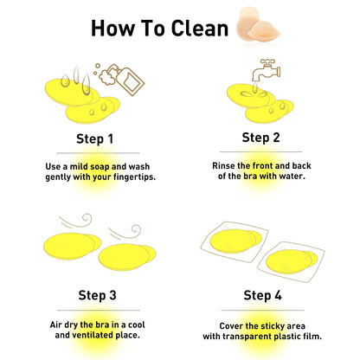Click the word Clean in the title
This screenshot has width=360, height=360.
pyautogui.click(x=200, y=29)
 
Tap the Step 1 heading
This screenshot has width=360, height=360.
pyautogui.click(x=94, y=138)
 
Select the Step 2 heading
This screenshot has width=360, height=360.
pyautogui.click(x=260, y=138)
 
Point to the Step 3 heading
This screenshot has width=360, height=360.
pyautogui.click(x=97, y=295)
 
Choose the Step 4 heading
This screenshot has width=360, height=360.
pyautogui.click(x=262, y=295)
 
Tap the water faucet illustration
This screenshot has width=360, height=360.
pyautogui.click(x=266, y=70)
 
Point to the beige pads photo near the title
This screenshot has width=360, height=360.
pyautogui.click(x=258, y=24)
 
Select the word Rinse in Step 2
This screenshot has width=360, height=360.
pyautogui.click(x=223, y=165)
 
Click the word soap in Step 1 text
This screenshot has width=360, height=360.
pyautogui.click(x=100, y=167)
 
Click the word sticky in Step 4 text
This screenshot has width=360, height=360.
pyautogui.click(x=273, y=326)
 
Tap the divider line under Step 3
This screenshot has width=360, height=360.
pyautogui.click(x=98, y=311)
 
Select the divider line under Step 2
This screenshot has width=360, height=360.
pyautogui.click(x=261, y=151)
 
